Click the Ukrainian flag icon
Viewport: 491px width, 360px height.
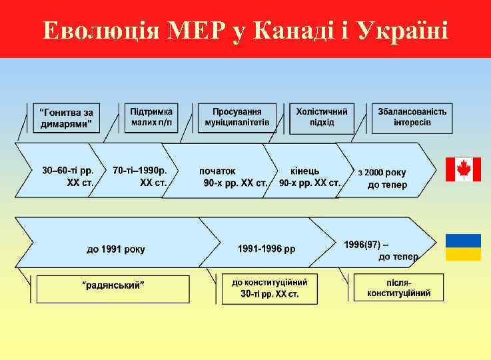(463, 247)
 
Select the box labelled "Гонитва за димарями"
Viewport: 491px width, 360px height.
(65, 118)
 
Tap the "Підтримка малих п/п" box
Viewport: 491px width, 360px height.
(152, 117)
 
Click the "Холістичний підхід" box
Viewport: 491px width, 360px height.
(322, 117)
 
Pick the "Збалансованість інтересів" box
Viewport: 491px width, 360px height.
(412, 117)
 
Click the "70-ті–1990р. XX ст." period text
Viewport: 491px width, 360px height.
(140, 175)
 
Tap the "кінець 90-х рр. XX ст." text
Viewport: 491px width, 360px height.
(308, 177)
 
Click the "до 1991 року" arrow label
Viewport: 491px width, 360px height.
(115, 249)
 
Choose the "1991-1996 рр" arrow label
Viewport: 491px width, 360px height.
(266, 249)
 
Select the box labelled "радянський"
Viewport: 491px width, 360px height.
(113, 287)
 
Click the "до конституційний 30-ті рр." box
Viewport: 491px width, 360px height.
(269, 287)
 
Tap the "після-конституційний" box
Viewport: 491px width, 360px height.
(398, 287)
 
